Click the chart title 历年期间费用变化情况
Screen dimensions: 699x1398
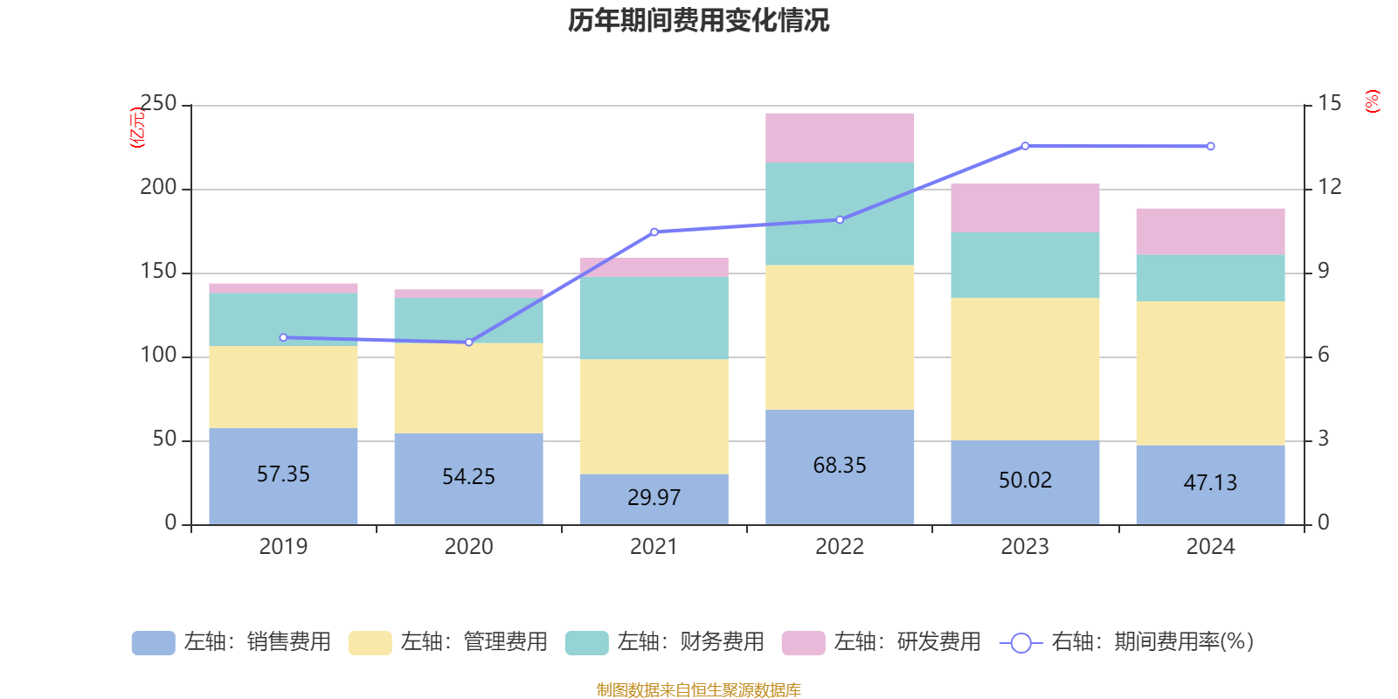[698, 20]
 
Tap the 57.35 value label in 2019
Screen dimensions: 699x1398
[283, 474]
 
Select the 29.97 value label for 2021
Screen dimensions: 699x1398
[654, 498]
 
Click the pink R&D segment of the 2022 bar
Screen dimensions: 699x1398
[840, 137]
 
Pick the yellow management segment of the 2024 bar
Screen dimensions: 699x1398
[1210, 373]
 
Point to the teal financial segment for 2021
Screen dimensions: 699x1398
[654, 318]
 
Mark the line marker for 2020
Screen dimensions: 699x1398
[469, 343]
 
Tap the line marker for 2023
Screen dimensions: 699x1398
[1025, 146]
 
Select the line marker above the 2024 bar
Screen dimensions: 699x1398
[1210, 146]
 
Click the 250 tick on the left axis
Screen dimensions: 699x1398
[158, 104]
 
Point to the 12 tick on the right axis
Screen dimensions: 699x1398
[1330, 187]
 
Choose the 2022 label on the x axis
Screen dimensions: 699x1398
[840, 547]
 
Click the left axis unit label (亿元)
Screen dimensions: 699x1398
[137, 128]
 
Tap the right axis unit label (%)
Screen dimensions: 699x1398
[1373, 101]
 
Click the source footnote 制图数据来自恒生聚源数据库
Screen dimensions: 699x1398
[698, 690]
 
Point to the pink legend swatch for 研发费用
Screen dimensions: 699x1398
[803, 643]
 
